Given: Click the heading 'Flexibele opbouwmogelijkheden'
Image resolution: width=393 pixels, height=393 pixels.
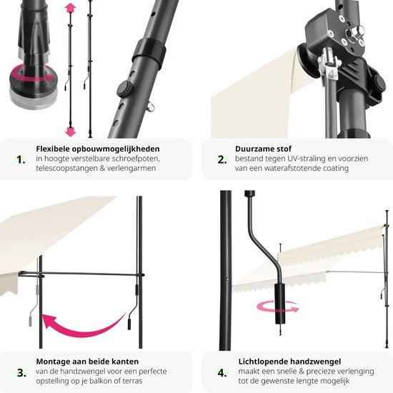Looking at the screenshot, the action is point(98,149).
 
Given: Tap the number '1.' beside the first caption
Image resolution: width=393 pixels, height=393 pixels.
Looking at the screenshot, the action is point(21,159).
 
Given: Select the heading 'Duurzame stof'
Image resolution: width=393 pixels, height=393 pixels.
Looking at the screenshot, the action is point(263,149).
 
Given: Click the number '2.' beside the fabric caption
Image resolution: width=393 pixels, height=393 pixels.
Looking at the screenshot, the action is point(222,159).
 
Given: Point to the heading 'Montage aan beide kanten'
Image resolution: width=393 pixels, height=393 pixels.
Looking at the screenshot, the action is point(87,362).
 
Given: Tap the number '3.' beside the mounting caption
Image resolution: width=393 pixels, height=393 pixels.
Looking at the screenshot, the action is point(21,373).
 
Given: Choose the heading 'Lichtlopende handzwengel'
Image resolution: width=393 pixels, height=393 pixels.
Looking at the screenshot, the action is point(289,362).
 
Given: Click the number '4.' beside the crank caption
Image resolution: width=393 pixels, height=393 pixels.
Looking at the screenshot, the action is point(222,373).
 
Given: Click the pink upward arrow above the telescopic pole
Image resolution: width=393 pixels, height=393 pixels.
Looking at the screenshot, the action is point(70,8).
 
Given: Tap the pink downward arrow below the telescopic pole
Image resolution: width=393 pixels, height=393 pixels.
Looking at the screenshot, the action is point(70,131).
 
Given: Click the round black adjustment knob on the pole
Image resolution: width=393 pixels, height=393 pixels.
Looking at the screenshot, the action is point(125,89).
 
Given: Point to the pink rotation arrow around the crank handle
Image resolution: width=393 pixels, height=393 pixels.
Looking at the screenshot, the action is point(278,307).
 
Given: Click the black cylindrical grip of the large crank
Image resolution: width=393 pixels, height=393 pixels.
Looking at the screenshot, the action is point(279,304).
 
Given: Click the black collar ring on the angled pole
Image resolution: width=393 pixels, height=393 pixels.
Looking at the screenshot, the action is point(149,53).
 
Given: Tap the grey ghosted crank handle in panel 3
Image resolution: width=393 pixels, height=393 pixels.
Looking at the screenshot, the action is point(34,304).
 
